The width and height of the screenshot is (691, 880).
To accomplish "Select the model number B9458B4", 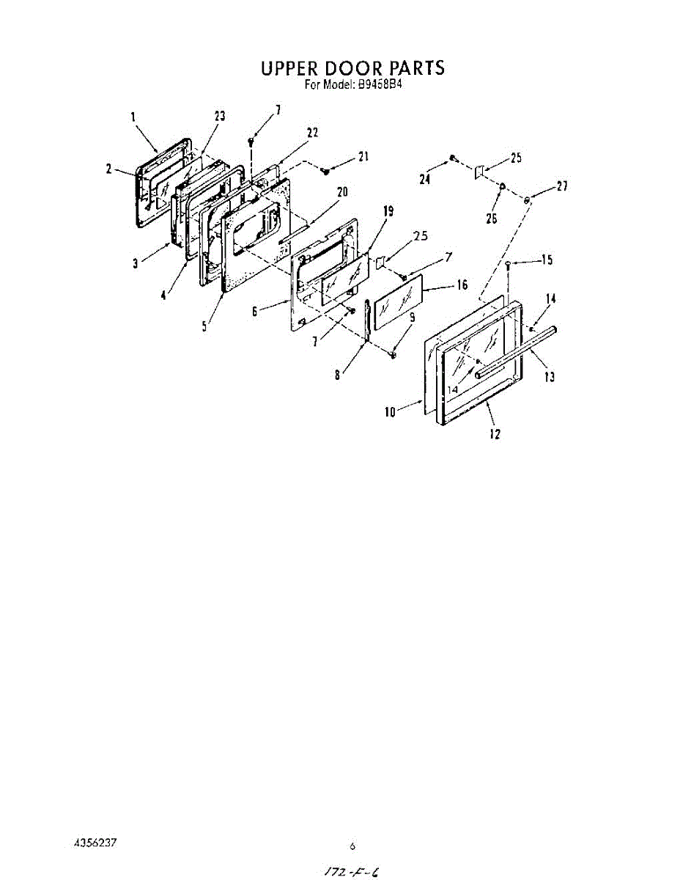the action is click(381, 84).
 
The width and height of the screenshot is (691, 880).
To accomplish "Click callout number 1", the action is click(134, 116).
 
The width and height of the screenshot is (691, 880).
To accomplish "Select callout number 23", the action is click(219, 116).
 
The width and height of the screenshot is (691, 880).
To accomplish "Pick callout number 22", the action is click(312, 133).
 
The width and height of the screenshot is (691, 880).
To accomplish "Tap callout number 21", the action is click(363, 157).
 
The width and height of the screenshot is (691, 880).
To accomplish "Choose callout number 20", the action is click(341, 192).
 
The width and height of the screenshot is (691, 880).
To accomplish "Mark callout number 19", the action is click(388, 211).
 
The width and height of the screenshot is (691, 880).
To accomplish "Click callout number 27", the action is click(562, 186).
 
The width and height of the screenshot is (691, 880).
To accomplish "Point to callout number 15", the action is click(546, 260).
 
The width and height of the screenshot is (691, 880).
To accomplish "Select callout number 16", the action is click(462, 285).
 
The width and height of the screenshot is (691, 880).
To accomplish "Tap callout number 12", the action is click(495, 434).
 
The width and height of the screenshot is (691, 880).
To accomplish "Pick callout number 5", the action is click(204, 327).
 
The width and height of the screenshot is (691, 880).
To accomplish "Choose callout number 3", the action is click(135, 263).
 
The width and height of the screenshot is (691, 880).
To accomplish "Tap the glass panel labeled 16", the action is click(399, 301).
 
